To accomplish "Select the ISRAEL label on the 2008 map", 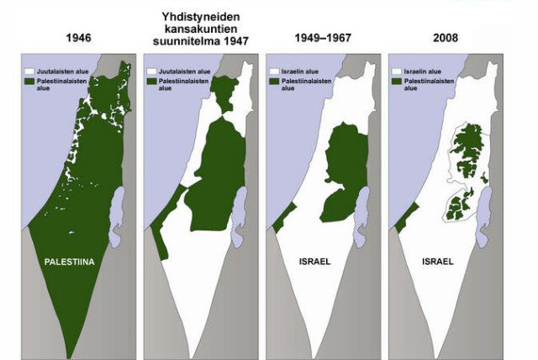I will click(x=437, y=262).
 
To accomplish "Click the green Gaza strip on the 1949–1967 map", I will click(x=282, y=216).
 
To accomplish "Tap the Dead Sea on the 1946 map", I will click(x=118, y=206).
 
